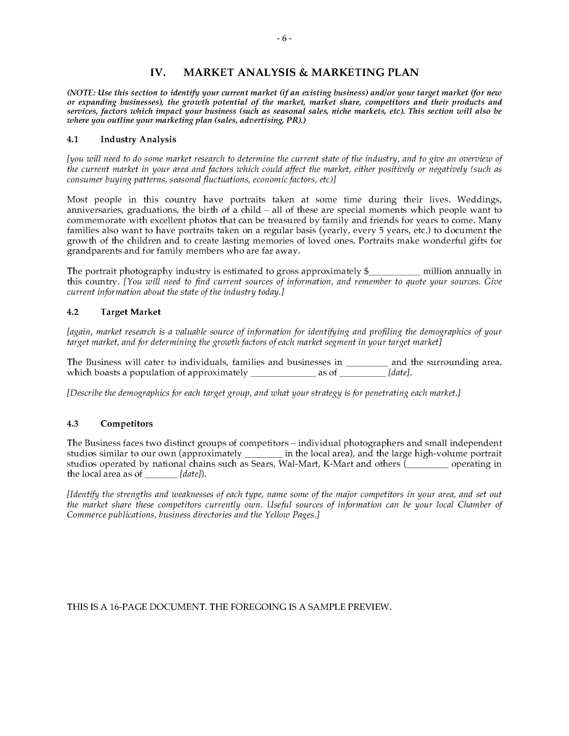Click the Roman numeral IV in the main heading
[x=158, y=72]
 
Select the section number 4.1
[x=73, y=140]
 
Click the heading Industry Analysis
[x=138, y=140]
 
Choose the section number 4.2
[x=73, y=312]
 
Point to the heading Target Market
[x=130, y=312]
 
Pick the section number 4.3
[x=73, y=424]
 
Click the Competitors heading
[x=127, y=424]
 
